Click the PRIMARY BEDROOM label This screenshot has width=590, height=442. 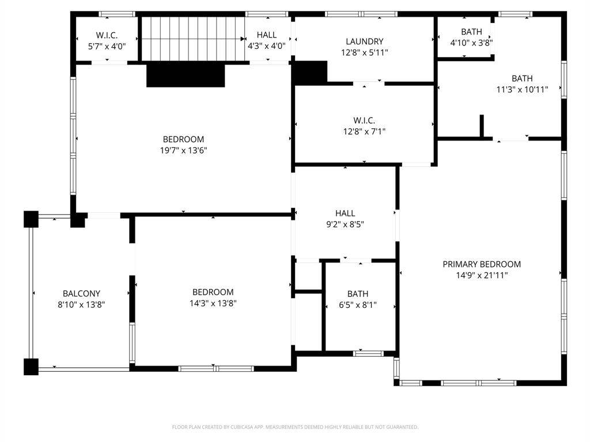click(482, 264)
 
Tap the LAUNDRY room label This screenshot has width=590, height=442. click(365, 41)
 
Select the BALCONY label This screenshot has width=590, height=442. click(81, 294)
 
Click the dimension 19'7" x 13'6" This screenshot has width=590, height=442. click(184, 151)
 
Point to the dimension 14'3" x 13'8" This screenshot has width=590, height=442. click(213, 303)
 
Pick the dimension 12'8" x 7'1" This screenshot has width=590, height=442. click(364, 132)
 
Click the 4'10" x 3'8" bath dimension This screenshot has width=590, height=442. click(471, 43)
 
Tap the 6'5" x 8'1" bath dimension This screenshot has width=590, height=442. click(358, 305)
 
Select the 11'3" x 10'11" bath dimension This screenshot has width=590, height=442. click(522, 89)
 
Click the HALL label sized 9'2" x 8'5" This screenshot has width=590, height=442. click(345, 214)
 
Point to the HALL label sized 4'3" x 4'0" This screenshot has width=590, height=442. click(267, 35)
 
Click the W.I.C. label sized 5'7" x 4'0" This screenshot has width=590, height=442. click(107, 35)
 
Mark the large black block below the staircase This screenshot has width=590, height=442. click(186, 75)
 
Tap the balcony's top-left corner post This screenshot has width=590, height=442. click(31, 219)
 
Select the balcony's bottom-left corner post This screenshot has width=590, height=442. click(31, 367)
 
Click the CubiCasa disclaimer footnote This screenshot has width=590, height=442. click(296, 427)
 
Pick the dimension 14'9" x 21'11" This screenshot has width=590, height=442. click(482, 275)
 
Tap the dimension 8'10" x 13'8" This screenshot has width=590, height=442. click(81, 304)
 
